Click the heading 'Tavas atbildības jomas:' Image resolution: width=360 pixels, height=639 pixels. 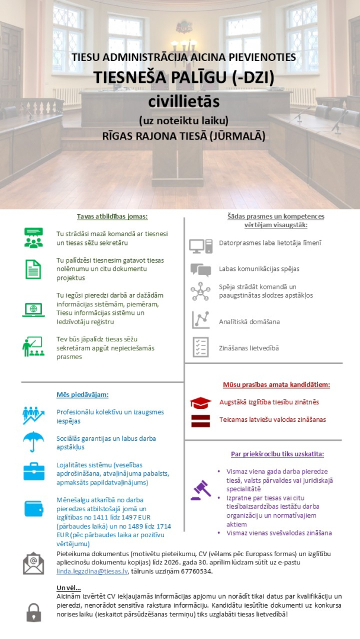coord(104,217)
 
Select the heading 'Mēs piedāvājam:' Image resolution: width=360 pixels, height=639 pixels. coord(83,394)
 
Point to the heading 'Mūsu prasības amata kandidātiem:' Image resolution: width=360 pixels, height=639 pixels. coord(276,385)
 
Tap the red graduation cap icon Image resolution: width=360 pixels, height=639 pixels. coord(200,403)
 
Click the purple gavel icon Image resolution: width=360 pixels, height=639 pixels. coord(200,490)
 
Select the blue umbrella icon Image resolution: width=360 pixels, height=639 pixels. coord(33,441)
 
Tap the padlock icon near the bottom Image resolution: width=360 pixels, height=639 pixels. coord(33,612)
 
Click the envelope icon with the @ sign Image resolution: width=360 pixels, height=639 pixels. coord(33,562)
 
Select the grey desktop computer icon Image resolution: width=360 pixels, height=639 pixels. coord(201,246)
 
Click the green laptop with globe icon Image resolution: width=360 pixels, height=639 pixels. coord(33,309)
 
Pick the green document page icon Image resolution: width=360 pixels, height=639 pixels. coord(33,269)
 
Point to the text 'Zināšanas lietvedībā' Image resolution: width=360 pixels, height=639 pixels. coord(249,348)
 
